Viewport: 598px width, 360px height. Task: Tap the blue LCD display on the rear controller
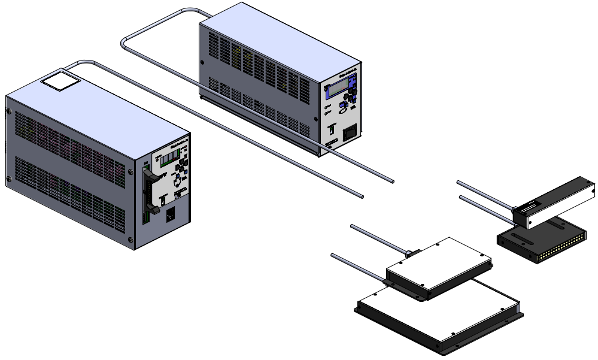336,90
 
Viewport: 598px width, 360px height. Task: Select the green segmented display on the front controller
169,157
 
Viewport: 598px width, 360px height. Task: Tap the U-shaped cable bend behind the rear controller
126,43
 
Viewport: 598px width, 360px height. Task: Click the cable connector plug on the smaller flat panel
409,254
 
